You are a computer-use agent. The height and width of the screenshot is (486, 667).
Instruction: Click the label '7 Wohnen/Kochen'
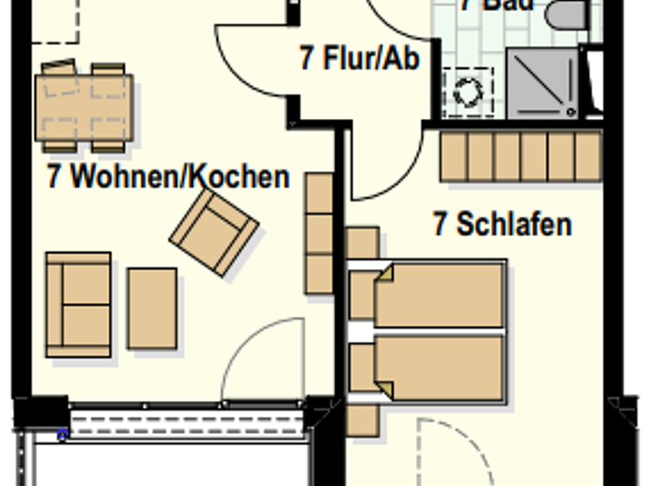click(168, 177)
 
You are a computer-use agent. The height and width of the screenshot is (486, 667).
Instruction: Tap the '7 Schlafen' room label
click(503, 224)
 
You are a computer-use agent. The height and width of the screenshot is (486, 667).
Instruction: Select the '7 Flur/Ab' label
click(360, 59)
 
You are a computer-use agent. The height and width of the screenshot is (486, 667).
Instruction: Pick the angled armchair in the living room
click(215, 232)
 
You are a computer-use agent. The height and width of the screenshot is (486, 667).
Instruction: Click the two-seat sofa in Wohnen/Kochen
click(78, 305)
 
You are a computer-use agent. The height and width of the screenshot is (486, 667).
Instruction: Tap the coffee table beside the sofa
click(152, 308)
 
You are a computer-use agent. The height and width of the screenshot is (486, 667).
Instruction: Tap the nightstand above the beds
click(362, 243)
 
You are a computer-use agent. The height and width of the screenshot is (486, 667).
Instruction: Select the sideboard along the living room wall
click(320, 233)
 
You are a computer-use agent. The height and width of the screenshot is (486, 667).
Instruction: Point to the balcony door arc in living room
click(261, 360)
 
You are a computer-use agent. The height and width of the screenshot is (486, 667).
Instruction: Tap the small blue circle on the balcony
click(63, 435)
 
